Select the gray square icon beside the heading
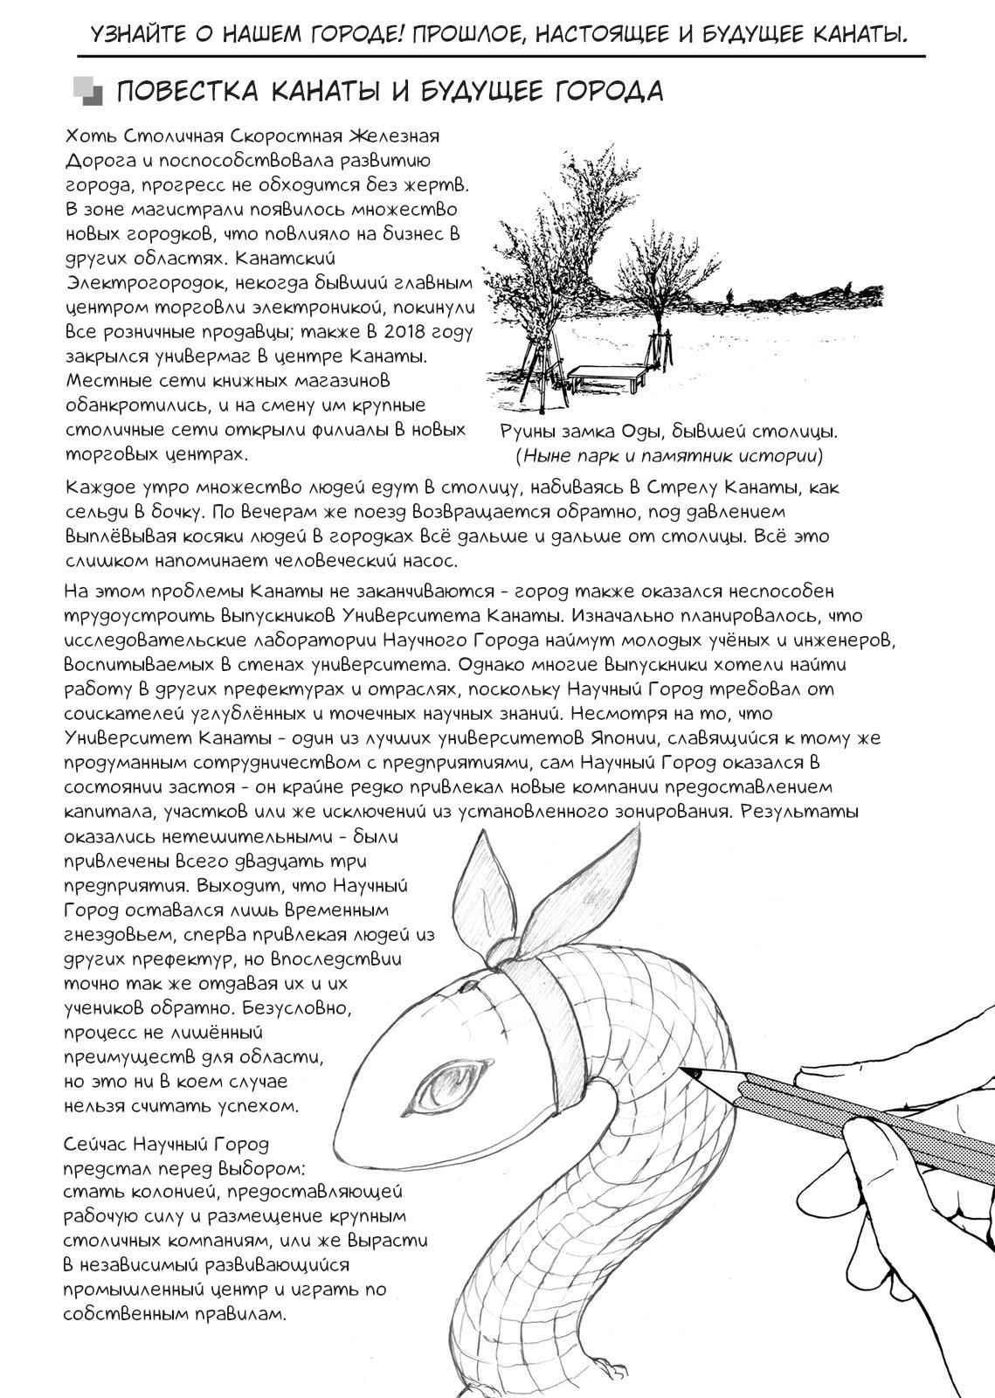(x=86, y=91)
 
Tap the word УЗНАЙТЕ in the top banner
(x=143, y=34)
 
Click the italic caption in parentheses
(x=669, y=455)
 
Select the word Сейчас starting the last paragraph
(x=99, y=1144)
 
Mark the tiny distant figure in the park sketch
(x=728, y=298)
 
